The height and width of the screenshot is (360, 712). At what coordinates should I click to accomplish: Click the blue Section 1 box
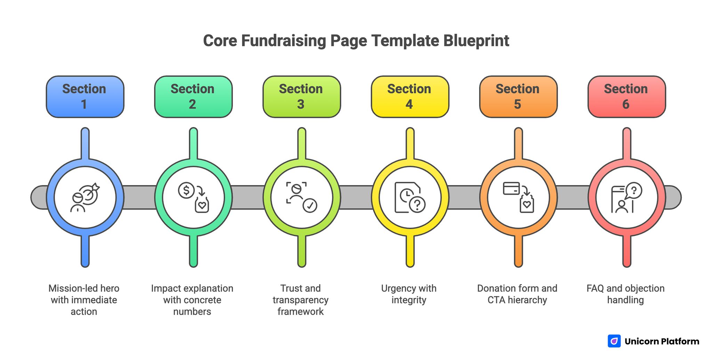(85, 97)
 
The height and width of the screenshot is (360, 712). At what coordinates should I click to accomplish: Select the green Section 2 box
(193, 97)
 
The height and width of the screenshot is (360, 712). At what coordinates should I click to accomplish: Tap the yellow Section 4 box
(410, 97)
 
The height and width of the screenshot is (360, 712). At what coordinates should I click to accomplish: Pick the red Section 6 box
(626, 97)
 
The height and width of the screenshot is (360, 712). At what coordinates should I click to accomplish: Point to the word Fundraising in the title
(283, 41)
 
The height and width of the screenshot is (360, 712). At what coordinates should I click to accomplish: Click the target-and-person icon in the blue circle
(85, 197)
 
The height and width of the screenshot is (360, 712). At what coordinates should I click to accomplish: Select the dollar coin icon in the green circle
(186, 190)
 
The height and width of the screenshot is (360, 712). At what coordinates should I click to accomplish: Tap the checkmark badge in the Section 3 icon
(309, 205)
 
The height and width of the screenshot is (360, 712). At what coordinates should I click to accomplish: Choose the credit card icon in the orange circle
(511, 189)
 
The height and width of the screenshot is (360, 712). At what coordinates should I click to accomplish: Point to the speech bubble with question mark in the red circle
(634, 190)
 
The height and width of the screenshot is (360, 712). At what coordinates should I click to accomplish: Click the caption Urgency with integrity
(409, 294)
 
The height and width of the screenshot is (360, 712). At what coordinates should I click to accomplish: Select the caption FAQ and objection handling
(625, 294)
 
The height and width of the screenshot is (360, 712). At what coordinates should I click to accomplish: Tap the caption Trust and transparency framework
(301, 299)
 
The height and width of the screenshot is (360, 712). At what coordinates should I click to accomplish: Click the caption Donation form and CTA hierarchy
(517, 294)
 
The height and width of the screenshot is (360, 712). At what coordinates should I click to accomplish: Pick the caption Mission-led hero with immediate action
(84, 299)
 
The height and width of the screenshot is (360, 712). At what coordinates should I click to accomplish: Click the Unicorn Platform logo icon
(614, 341)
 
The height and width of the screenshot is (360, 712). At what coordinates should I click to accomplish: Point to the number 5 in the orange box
(517, 104)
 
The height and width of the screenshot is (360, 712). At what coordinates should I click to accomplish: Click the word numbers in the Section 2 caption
(192, 311)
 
